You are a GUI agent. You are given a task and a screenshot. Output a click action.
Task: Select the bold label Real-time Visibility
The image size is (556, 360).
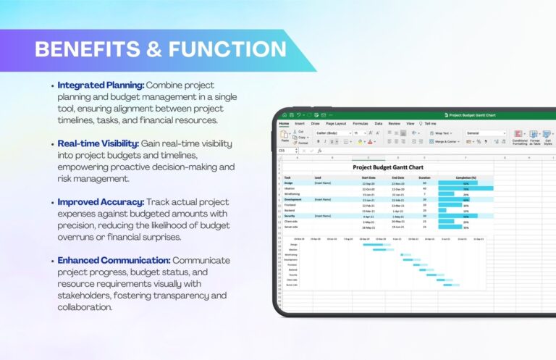[x=98, y=143]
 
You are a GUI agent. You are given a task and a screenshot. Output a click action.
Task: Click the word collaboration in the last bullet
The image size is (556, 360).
[x=85, y=306]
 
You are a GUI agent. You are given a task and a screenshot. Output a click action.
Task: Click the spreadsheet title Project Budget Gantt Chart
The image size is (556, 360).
[x=386, y=167]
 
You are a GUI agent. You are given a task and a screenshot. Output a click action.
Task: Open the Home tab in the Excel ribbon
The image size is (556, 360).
[x=284, y=124]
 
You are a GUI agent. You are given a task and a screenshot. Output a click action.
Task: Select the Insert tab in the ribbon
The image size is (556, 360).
[x=299, y=124]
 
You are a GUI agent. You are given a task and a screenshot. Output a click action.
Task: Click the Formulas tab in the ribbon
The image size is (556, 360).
[x=360, y=124]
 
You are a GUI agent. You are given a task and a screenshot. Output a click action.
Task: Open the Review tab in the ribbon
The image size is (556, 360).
[x=394, y=124]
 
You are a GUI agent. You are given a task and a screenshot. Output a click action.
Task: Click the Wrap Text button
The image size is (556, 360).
[x=442, y=133]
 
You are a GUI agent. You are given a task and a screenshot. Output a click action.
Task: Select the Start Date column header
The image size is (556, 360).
[x=368, y=177]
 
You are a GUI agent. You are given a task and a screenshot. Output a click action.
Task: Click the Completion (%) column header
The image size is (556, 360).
[x=466, y=177]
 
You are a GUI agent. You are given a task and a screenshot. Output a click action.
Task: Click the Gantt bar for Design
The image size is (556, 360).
[x=373, y=244]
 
